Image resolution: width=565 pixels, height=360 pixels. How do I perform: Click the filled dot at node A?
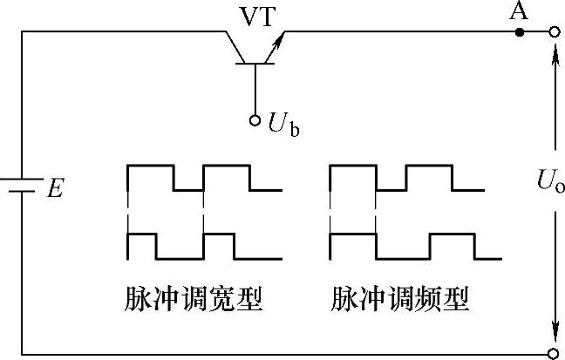tap(521, 32)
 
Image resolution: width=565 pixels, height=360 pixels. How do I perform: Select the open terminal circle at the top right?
tap(553, 32)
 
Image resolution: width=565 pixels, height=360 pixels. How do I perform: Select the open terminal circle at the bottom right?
tap(553, 353)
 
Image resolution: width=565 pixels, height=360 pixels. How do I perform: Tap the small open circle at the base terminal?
tap(255, 120)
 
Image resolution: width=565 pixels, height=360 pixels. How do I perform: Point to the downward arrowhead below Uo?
tap(553, 336)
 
